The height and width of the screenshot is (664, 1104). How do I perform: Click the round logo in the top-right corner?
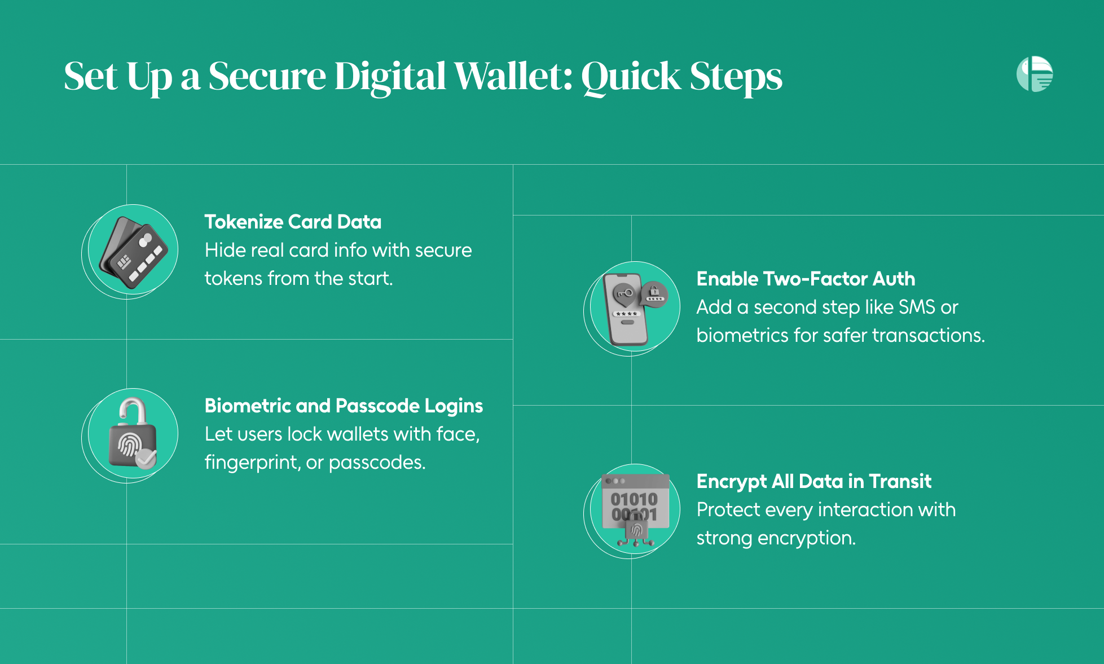(1035, 74)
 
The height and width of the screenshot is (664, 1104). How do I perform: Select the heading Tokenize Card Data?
(293, 222)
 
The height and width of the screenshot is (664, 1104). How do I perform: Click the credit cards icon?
(134, 252)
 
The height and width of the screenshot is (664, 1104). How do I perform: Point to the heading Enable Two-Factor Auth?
(806, 279)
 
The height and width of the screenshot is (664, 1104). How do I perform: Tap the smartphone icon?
(626, 309)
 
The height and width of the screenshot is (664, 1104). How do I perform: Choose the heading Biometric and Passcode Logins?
(344, 406)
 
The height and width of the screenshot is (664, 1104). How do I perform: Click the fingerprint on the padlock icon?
(129, 446)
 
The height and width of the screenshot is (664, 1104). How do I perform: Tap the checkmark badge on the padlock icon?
(146, 459)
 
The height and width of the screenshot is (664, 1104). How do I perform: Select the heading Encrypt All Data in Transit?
(813, 481)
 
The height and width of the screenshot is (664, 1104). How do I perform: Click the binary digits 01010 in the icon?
(634, 499)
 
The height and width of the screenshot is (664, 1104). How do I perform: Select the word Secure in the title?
(267, 76)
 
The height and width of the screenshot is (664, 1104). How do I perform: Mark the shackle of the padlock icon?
(133, 410)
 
